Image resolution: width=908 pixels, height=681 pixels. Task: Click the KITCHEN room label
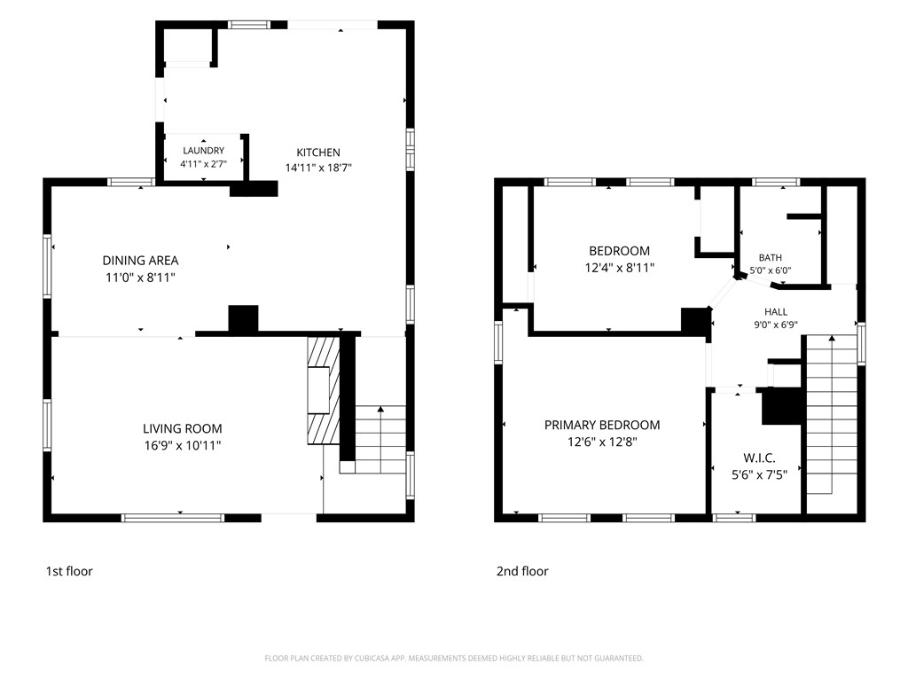coord(318,153)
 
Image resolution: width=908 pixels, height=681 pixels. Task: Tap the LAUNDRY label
coord(203,151)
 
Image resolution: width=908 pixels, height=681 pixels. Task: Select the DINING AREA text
coord(140,261)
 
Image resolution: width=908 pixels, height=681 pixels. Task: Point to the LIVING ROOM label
coord(183,428)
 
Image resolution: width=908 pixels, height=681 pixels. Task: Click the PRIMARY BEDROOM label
coord(602,425)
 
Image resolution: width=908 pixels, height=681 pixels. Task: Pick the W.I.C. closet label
coord(759,458)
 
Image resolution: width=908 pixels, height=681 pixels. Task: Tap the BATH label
coord(771,258)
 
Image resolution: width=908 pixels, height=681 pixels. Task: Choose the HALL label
coord(775,311)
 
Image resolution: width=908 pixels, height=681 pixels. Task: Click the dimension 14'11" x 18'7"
coord(318,168)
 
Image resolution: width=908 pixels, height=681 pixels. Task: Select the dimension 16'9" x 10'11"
coord(183,445)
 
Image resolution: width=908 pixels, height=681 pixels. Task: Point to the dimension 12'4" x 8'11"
coord(620,268)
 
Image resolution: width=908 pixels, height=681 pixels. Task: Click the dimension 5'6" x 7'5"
coord(759,475)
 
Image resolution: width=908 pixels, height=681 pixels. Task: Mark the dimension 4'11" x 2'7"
coord(203,164)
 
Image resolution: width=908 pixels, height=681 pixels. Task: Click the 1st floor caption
coord(69,571)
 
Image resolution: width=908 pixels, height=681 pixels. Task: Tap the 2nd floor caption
coord(522,571)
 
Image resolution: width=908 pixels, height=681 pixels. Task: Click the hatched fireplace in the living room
coord(323,390)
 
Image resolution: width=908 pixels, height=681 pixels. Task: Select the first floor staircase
coord(380,439)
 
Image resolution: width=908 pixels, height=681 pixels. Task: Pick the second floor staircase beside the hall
coord(832,415)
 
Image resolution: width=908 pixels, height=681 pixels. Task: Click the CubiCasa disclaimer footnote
coord(454,659)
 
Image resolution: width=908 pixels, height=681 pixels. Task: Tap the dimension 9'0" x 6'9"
coord(775,325)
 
